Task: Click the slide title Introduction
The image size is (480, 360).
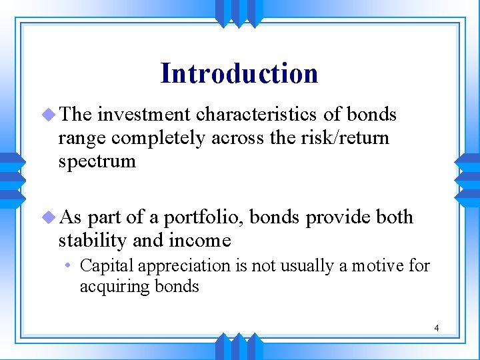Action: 239,73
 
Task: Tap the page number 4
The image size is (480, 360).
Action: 436,328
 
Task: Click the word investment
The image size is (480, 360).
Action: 140,115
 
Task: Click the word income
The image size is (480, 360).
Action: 200,240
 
